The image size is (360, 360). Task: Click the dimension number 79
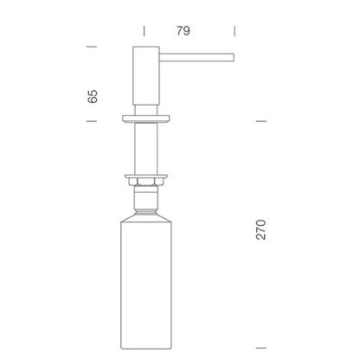point(183,31)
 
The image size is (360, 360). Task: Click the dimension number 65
point(93,96)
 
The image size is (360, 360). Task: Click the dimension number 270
point(261,229)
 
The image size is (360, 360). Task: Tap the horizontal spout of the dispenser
point(196,57)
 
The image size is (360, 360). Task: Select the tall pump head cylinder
point(146,75)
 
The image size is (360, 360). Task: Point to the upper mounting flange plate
point(146,119)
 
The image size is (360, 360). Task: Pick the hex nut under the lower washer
point(146,183)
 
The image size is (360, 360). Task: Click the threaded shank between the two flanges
point(146,148)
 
